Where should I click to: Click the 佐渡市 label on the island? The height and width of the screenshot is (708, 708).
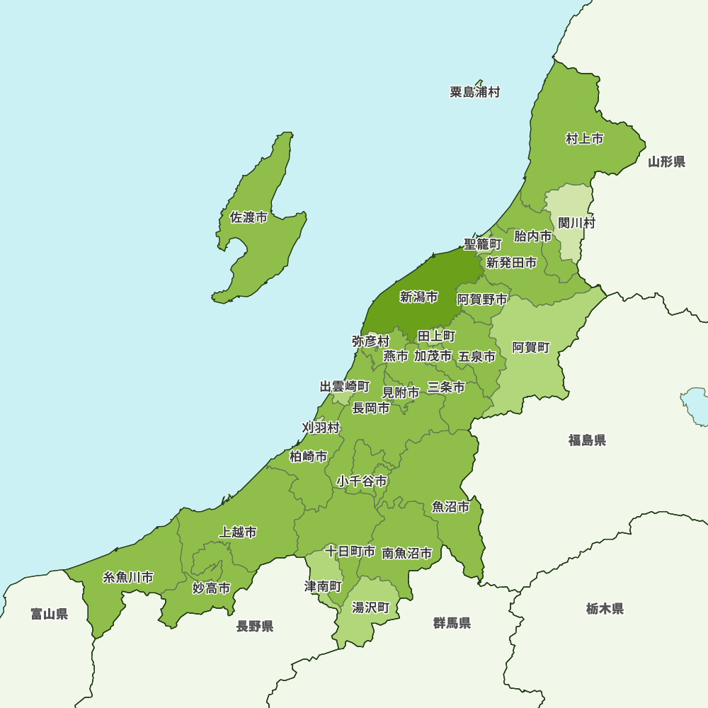pyautogui.click(x=249, y=217)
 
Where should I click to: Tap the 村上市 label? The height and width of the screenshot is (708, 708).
pyautogui.click(x=584, y=139)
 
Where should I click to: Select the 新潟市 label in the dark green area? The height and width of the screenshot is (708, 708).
pyautogui.click(x=418, y=297)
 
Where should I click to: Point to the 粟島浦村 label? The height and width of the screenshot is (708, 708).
pyautogui.click(x=474, y=92)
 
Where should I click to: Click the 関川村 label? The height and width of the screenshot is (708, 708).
pyautogui.click(x=576, y=223)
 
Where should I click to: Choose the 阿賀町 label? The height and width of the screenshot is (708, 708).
pyautogui.click(x=530, y=347)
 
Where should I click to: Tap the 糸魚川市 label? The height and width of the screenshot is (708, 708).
pyautogui.click(x=128, y=577)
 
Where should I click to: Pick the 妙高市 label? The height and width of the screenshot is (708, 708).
pyautogui.click(x=211, y=588)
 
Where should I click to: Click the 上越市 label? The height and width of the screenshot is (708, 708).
pyautogui.click(x=238, y=532)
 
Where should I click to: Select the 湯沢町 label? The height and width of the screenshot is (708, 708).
pyautogui.click(x=371, y=607)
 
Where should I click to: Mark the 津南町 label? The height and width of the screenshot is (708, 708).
pyautogui.click(x=323, y=586)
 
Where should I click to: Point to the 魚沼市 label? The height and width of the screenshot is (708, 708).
pyautogui.click(x=450, y=507)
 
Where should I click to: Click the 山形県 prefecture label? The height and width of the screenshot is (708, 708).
pyautogui.click(x=666, y=162)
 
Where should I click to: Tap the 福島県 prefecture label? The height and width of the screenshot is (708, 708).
pyautogui.click(x=587, y=440)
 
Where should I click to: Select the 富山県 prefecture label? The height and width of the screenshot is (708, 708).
pyautogui.click(x=49, y=614)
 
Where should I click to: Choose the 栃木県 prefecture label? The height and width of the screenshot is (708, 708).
pyautogui.click(x=605, y=608)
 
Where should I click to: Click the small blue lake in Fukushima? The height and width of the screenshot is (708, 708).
pyautogui.click(x=695, y=406)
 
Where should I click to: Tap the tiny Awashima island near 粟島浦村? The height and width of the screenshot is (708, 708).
pyautogui.click(x=479, y=83)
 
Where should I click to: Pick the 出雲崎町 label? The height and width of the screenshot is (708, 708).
pyautogui.click(x=345, y=387)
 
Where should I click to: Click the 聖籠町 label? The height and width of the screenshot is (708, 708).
pyautogui.click(x=483, y=244)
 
